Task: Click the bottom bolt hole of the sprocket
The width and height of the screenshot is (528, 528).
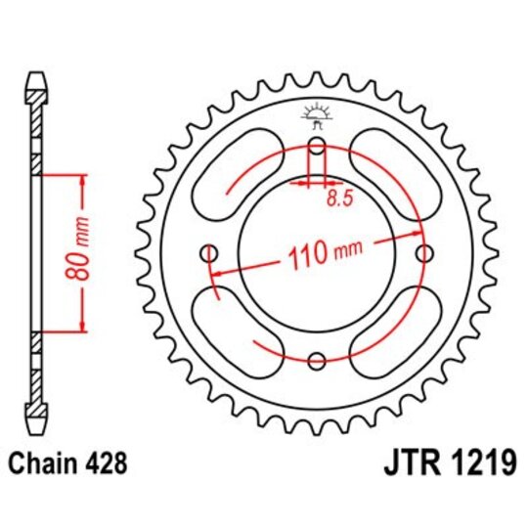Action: point(316,362)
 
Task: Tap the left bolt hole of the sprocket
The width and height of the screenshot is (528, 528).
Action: point(209,255)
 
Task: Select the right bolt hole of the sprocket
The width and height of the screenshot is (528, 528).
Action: point(422,254)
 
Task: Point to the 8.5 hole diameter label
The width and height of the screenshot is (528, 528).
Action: point(337,198)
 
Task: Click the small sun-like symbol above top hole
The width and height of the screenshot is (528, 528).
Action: point(315,115)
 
